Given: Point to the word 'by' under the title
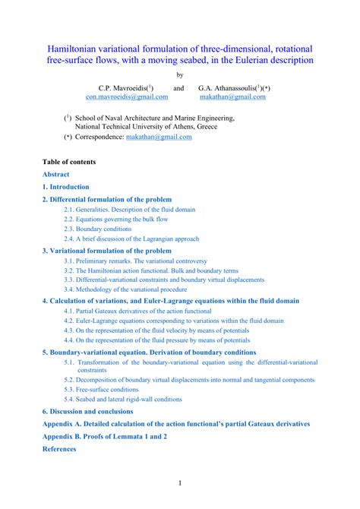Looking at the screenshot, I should [179, 74].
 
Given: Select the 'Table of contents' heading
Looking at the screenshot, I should [69, 162].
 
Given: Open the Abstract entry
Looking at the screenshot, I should [55, 174].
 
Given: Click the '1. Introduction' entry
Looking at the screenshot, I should [66, 186].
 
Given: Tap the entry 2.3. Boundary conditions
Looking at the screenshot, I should [98, 229].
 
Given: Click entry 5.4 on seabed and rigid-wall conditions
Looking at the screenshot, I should [123, 399].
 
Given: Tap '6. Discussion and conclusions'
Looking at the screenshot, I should [88, 411].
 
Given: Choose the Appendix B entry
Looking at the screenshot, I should [105, 436].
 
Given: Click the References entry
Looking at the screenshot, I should [59, 449].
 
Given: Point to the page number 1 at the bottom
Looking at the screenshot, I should [180, 483].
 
